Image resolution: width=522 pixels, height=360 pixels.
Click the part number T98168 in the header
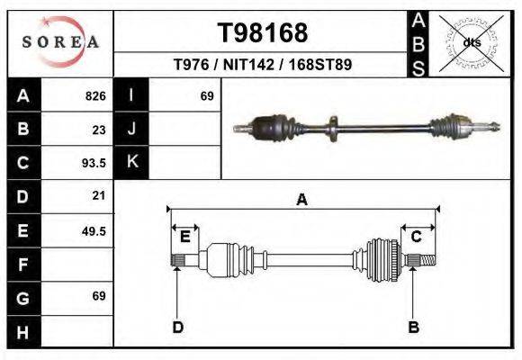coord(263,33)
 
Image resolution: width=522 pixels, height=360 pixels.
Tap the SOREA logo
coord(59,41)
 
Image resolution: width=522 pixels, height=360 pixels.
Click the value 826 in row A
coord(95,95)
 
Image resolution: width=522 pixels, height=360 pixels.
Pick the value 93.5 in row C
coord(94,163)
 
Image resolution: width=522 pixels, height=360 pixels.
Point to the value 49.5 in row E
coord(94,230)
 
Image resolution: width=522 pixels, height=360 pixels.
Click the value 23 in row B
coord(99,129)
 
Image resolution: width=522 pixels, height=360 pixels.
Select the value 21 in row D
coord(99,195)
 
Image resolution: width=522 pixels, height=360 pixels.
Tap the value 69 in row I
coord(206,95)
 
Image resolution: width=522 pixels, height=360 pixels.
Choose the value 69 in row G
coord(99,296)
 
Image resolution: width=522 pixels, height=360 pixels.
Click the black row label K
coord(131,162)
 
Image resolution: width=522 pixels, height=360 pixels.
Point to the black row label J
coord(131,129)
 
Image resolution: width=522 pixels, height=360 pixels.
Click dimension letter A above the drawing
coord(302,200)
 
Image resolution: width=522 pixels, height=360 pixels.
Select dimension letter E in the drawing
coord(184,237)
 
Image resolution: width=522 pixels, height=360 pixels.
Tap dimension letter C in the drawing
coord(417,237)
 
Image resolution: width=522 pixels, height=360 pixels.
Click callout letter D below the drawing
coord(177,328)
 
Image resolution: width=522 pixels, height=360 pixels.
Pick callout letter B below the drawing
coord(415,328)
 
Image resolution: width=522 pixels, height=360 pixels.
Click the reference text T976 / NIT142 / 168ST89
coord(262,65)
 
